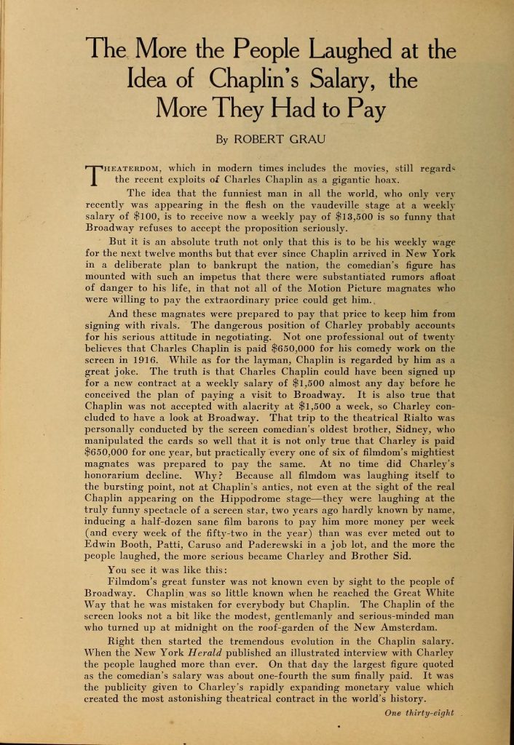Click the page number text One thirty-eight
coord(419,713)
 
